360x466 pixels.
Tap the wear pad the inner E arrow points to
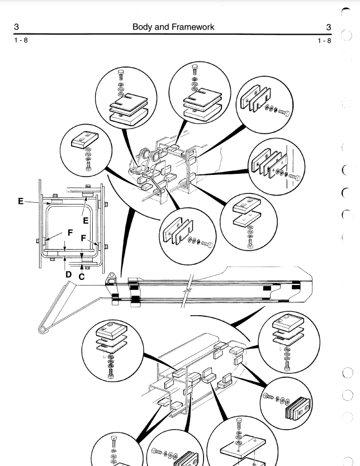click(x=88, y=195)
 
